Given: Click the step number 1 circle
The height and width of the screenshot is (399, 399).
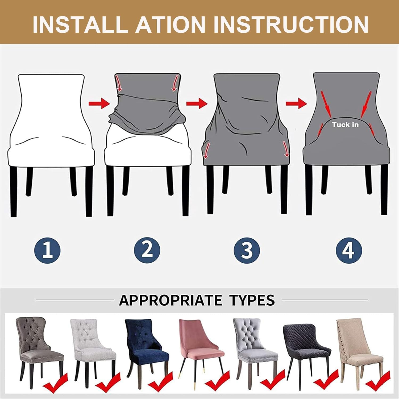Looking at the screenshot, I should tap(47, 250).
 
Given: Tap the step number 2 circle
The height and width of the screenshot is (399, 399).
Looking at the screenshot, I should tap(147, 250).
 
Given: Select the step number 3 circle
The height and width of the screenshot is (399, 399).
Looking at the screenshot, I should tap(247, 250).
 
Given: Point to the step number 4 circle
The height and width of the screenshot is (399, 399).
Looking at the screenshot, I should tap(348, 250).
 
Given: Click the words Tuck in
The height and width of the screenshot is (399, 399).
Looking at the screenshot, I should tap(345, 124).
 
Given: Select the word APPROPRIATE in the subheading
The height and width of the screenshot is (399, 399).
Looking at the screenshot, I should tap(170, 300).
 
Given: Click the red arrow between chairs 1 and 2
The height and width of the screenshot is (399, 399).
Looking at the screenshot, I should tap(99, 103).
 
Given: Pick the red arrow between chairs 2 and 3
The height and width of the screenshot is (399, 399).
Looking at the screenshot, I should tap(197, 103).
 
